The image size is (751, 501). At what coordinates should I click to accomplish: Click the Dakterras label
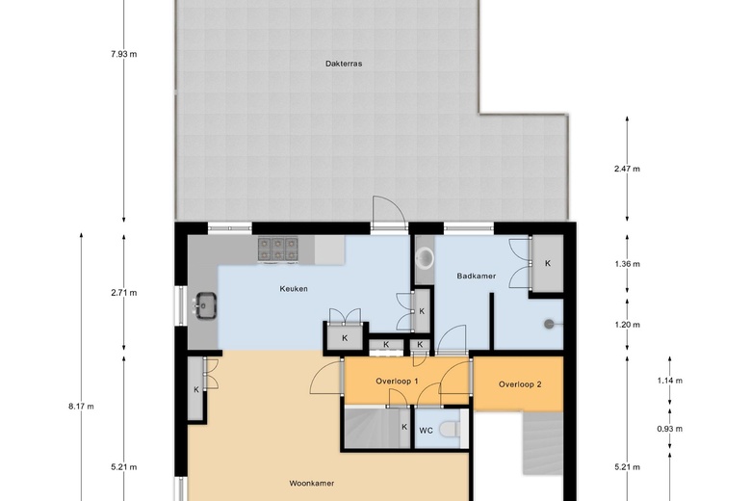tap(344, 64)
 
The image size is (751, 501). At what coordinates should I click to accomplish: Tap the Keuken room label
tap(294, 289)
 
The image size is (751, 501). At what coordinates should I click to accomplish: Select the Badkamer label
tap(476, 276)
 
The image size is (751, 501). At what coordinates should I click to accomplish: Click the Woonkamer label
tap(311, 484)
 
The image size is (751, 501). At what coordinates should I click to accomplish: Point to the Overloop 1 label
tap(397, 382)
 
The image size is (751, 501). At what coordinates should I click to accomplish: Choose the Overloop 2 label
tap(520, 384)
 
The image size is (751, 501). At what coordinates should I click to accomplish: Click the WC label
tap(426, 431)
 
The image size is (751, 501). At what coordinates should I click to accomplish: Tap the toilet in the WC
tap(450, 429)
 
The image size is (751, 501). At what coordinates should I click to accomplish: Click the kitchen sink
tap(205, 305)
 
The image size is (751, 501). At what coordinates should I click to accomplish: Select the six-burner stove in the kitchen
tap(278, 250)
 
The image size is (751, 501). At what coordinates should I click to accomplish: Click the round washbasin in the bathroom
tap(424, 258)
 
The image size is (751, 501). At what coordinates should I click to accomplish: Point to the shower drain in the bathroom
tap(549, 325)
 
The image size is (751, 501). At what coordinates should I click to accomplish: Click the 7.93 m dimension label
tap(123, 54)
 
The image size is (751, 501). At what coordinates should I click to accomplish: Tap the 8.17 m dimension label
tap(81, 407)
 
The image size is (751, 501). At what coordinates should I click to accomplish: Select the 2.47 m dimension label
tap(627, 169)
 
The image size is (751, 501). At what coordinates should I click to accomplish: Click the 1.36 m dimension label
tap(627, 264)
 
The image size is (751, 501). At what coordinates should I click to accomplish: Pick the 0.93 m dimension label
tap(669, 429)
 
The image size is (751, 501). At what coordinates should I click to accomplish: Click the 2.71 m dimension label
tap(123, 293)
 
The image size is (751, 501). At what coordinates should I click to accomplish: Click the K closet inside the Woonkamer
tap(195, 389)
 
